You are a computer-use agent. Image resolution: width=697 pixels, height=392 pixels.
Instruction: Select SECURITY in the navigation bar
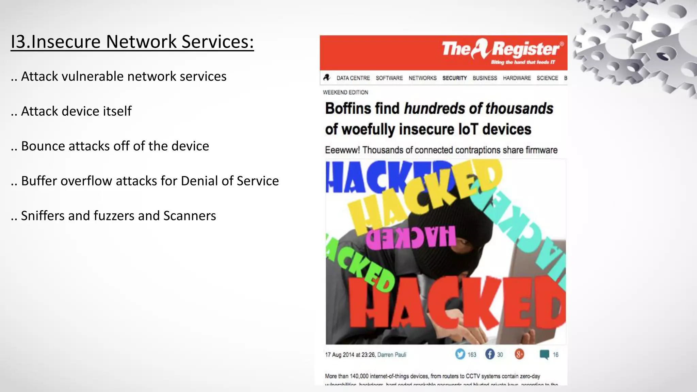[454, 78]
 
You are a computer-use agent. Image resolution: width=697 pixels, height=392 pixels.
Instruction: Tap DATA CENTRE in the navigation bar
[353, 78]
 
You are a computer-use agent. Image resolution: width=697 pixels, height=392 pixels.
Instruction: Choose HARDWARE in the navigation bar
[517, 78]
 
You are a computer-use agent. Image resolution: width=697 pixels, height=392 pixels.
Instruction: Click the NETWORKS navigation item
[422, 78]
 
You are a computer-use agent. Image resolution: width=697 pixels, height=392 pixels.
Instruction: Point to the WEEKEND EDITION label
[345, 92]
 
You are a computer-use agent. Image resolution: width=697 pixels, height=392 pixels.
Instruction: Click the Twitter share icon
[460, 354]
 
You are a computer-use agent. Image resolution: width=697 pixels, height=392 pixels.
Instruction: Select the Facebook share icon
[490, 354]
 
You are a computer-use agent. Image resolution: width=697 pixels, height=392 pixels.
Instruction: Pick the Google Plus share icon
[519, 354]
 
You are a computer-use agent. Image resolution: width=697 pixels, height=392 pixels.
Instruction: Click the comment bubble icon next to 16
[544, 355]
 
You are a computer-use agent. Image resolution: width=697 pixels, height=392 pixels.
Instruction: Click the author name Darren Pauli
[392, 355]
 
